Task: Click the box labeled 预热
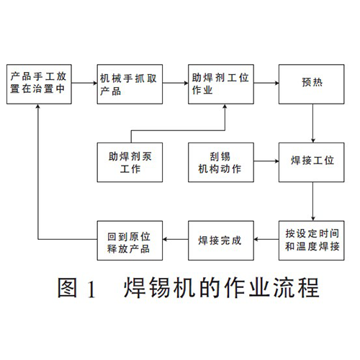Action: tap(312, 84)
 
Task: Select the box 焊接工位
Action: tap(312, 162)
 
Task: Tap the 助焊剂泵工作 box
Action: tap(130, 162)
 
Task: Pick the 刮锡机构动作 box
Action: tap(221, 162)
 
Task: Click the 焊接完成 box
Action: tap(221, 240)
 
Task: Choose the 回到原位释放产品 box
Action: tap(130, 240)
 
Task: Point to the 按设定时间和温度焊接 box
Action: tap(312, 240)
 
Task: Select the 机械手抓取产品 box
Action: tap(130, 84)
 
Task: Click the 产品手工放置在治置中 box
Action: tap(39, 84)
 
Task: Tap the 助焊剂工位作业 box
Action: tap(221, 84)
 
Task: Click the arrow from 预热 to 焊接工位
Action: tap(312, 123)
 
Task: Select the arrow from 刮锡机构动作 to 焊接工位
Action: tap(266, 161)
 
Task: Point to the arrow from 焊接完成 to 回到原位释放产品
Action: tap(176, 239)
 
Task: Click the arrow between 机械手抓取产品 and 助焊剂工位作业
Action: tap(176, 83)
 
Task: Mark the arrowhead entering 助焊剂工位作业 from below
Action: tap(225, 107)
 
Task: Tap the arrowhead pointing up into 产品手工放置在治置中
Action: tap(38, 107)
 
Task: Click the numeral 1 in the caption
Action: tap(91, 289)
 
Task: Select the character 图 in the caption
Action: tap(68, 287)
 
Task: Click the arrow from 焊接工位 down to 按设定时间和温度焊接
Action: tap(312, 202)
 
